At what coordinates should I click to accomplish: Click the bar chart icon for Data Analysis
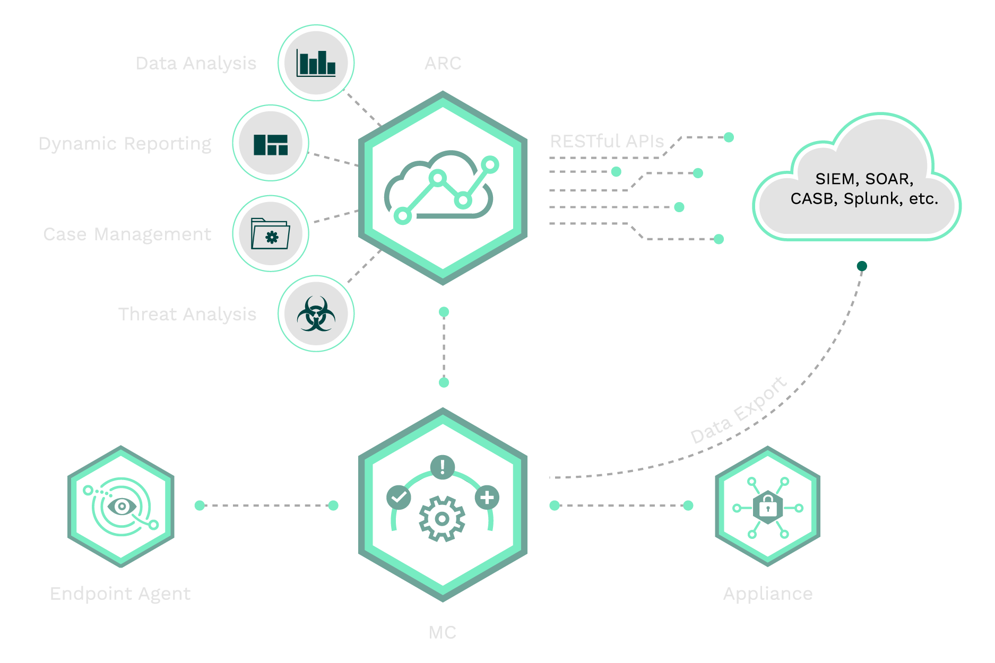(316, 63)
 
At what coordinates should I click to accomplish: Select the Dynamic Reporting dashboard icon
(271, 144)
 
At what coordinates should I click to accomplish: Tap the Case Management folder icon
(271, 234)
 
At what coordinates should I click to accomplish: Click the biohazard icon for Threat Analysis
(316, 314)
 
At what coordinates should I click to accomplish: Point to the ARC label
(443, 64)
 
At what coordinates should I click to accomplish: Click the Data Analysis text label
(196, 64)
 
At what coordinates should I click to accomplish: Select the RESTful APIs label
(607, 142)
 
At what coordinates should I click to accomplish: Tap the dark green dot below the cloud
(862, 266)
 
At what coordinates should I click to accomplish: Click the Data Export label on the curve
(738, 410)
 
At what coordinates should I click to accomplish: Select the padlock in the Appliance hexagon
(768, 507)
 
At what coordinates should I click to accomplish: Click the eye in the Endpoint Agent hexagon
(122, 506)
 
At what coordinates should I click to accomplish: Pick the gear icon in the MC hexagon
(442, 518)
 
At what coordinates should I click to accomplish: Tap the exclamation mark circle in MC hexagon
(442, 467)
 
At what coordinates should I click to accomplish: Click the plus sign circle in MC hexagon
(487, 498)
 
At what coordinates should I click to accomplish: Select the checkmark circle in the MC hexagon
(399, 498)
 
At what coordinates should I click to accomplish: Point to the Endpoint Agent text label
(120, 594)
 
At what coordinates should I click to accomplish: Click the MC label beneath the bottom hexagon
(442, 632)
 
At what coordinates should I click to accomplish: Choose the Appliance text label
(767, 594)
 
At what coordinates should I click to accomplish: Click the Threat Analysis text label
(187, 315)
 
